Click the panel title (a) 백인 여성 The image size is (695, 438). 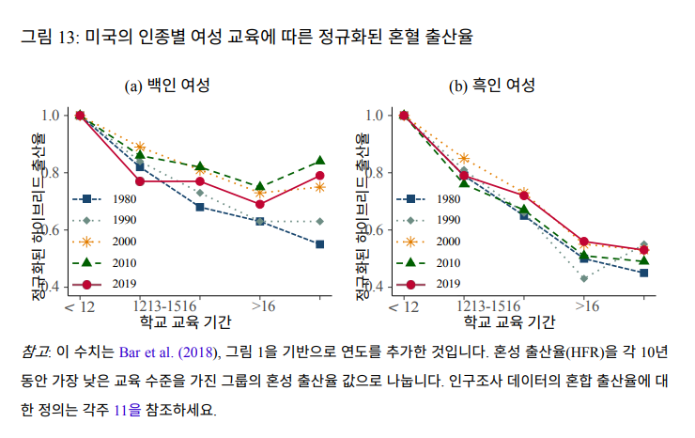point(167,86)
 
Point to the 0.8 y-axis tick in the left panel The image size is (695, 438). point(52,172)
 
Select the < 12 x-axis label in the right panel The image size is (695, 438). point(403,306)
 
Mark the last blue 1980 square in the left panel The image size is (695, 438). point(320,244)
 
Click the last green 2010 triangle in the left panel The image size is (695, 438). point(320,161)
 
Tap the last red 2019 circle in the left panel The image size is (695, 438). point(320,176)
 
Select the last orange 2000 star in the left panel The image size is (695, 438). point(320,187)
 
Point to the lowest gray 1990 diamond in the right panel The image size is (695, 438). point(584,278)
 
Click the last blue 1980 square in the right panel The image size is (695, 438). point(643,273)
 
